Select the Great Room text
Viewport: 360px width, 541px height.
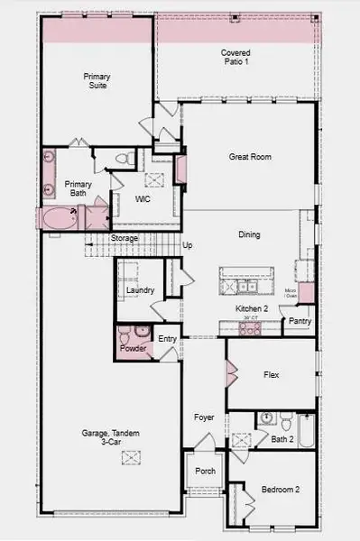click(249, 157)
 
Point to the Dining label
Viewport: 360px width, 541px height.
click(249, 235)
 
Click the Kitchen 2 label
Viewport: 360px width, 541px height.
click(249, 308)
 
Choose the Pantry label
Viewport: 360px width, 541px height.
click(300, 320)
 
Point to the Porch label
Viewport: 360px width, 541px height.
click(205, 471)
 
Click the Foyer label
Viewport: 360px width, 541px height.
click(204, 417)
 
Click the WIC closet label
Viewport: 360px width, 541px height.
click(142, 198)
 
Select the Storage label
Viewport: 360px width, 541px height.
click(125, 238)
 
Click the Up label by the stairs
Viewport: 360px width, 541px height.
click(188, 245)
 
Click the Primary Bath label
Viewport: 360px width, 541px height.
click(78, 188)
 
